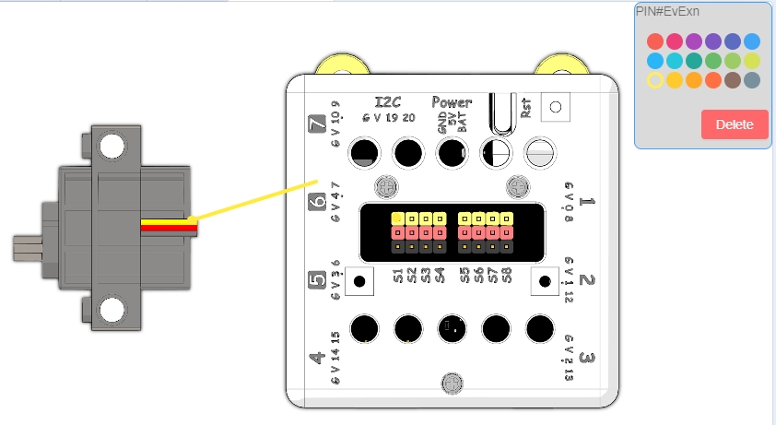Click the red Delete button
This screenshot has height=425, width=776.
point(735,124)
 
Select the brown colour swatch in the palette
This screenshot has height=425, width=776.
point(733,80)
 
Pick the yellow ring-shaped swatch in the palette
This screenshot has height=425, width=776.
point(654,80)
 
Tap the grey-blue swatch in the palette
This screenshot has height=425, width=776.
point(752,80)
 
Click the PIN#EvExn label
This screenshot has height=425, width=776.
point(667,11)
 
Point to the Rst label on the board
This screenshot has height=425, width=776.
point(526,108)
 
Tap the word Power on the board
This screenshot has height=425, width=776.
point(452,101)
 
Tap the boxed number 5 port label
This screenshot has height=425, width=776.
point(315,280)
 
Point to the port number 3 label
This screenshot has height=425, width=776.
point(587,359)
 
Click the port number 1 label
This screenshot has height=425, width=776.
point(589,202)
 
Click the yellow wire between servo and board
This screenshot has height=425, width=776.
point(258,199)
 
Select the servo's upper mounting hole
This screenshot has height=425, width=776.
point(112,145)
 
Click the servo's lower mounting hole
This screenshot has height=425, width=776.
point(112,310)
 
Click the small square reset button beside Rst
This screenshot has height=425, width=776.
point(555,107)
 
